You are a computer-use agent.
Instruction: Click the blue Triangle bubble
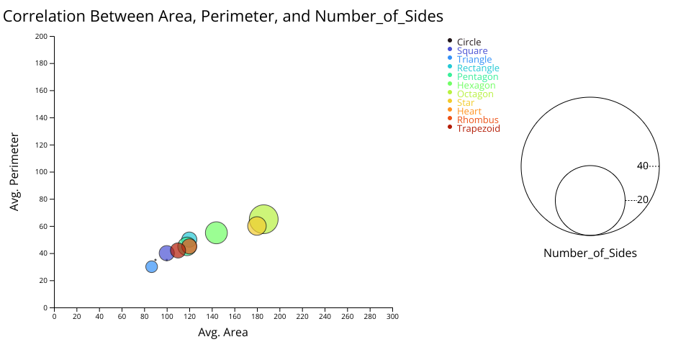(x=151, y=266)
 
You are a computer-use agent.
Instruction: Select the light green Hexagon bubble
(x=217, y=233)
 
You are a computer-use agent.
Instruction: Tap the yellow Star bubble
(x=256, y=226)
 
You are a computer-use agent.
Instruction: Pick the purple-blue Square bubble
(x=166, y=253)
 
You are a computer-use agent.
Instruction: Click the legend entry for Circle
(x=469, y=42)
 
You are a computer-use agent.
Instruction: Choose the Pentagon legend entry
(x=477, y=77)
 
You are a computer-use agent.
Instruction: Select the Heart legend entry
(x=469, y=112)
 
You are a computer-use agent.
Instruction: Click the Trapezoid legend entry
(x=478, y=129)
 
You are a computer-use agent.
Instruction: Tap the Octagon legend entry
(x=475, y=94)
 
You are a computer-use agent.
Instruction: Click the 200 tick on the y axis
(x=42, y=36)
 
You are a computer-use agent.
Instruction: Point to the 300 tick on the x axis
(x=392, y=316)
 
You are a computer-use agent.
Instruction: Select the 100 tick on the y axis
(x=42, y=172)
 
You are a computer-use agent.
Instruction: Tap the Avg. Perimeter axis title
(x=14, y=171)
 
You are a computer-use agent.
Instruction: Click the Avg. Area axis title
(x=223, y=333)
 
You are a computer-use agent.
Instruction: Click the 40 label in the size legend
(x=643, y=166)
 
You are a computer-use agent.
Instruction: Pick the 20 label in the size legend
(x=643, y=200)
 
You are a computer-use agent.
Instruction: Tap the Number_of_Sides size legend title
(x=590, y=253)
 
